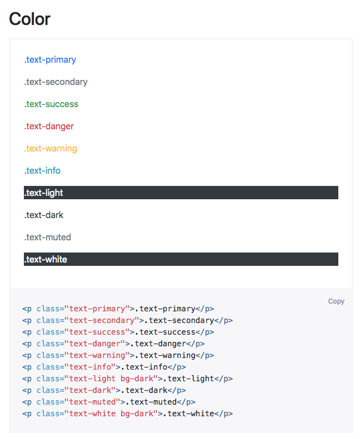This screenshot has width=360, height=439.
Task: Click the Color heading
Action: tap(29, 19)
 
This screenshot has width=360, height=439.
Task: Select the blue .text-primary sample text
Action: tap(50, 60)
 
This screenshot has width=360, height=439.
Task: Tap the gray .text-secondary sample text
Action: tap(56, 82)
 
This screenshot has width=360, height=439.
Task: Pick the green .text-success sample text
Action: tap(51, 104)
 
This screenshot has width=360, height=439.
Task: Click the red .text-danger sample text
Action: tap(49, 127)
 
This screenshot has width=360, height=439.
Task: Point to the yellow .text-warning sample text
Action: tap(51, 149)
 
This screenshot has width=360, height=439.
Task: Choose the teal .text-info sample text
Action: tap(42, 171)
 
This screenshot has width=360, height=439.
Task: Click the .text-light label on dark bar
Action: tap(44, 193)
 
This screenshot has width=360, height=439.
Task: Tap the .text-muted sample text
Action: tap(48, 238)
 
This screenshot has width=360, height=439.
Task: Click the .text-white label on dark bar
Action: tap(46, 260)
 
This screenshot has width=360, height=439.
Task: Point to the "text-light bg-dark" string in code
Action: tap(111, 379)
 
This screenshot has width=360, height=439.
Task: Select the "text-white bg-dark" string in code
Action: tap(111, 414)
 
